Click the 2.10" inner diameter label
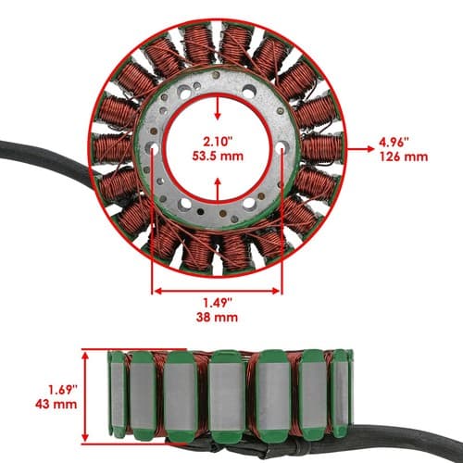[218, 142]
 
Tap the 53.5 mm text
[218, 156]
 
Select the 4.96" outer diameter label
[394, 143]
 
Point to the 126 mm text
[404, 156]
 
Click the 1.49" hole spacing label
[218, 303]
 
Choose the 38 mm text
[217, 318]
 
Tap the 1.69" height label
[62, 390]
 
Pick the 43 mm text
[56, 404]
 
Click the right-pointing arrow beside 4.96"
[360, 149]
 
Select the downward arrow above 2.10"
[218, 108]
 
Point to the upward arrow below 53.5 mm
[218, 190]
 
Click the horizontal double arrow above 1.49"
[218, 291]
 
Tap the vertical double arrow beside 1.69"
[85, 397]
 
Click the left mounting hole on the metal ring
[152, 148]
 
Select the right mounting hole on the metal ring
[282, 147]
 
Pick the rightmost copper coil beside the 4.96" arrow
[321, 148]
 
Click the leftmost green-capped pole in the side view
[118, 394]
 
